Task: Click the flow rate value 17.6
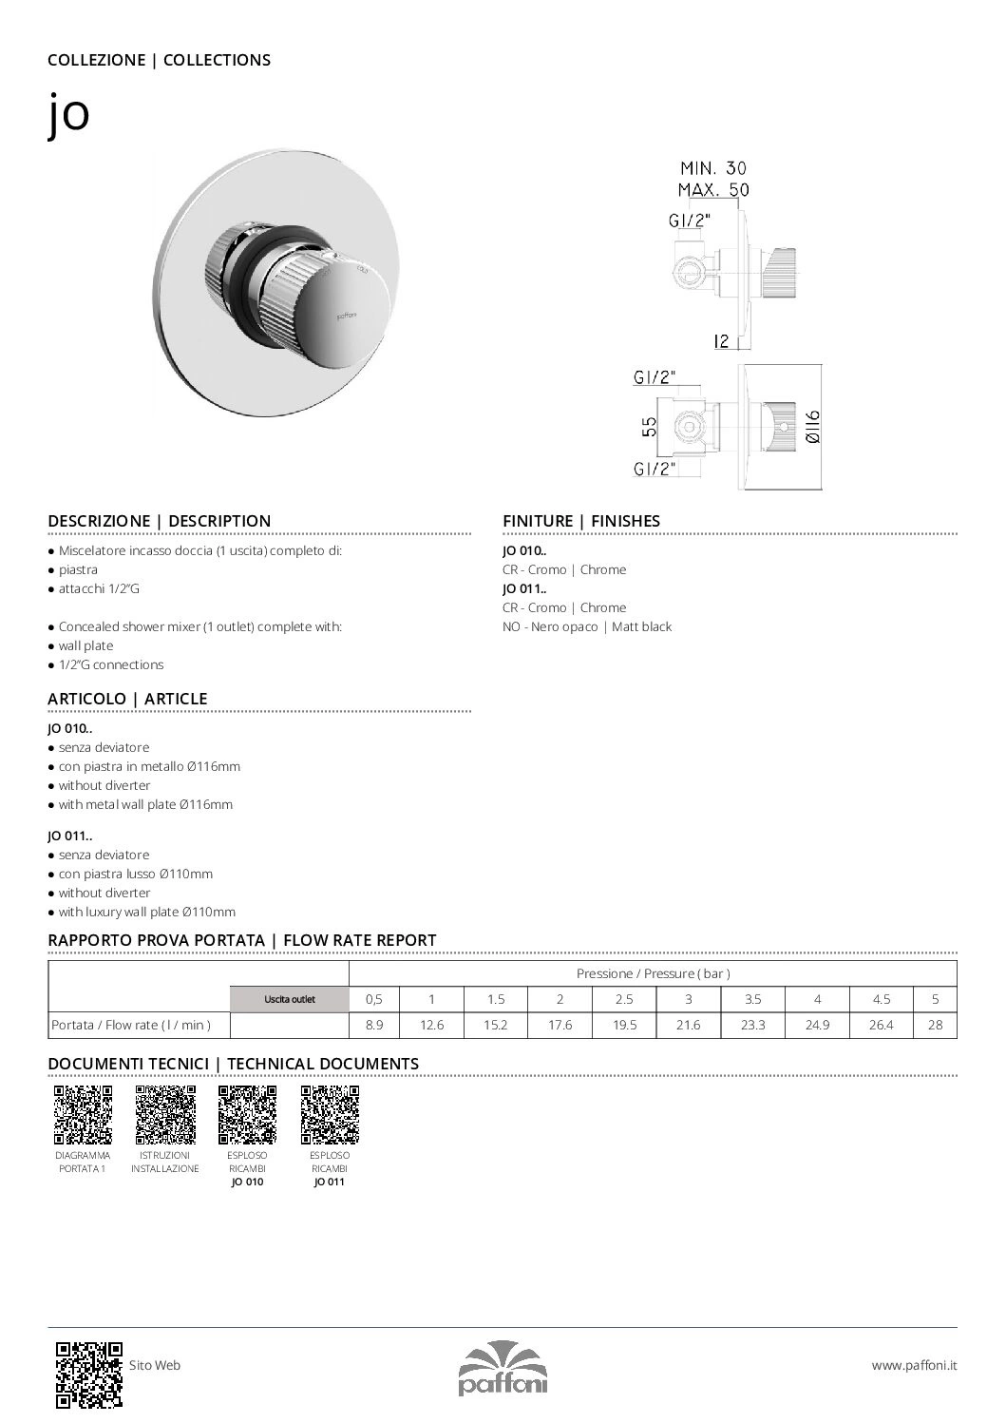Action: (x=560, y=1026)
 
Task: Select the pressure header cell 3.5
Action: (x=753, y=999)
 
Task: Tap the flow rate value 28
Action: (x=935, y=1026)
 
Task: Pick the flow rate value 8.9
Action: (x=374, y=1026)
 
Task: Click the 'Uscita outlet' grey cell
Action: (x=290, y=999)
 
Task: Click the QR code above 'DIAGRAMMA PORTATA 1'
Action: (x=83, y=1114)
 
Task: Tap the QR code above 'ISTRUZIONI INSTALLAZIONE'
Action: (x=165, y=1114)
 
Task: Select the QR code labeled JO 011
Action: (x=330, y=1114)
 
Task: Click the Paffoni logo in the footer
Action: (x=503, y=1369)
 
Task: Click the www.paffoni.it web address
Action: (x=914, y=1365)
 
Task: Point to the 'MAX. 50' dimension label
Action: (x=713, y=189)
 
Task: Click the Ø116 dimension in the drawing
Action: (x=812, y=426)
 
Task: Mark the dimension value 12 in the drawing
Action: (x=722, y=340)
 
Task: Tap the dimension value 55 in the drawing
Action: (x=649, y=426)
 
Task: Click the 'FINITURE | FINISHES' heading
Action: (x=580, y=521)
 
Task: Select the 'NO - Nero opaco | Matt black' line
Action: (x=586, y=626)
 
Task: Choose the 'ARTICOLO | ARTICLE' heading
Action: (x=127, y=699)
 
